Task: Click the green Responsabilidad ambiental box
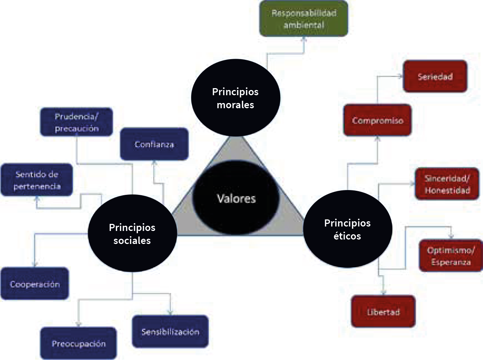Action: [303, 19]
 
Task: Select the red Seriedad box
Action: [435, 76]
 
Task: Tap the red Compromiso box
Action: [377, 120]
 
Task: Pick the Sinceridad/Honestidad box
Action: [447, 184]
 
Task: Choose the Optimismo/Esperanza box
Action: [451, 256]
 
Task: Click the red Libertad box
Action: [383, 312]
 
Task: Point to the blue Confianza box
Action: [154, 144]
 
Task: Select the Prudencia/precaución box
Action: [76, 122]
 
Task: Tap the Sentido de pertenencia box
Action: [36, 180]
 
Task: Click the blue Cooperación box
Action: [35, 284]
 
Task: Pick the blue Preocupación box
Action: [78, 343]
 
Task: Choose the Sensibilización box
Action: [170, 331]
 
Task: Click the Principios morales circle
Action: [235, 98]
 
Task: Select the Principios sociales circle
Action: [132, 234]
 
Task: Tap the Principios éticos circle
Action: [347, 229]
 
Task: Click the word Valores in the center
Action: [236, 199]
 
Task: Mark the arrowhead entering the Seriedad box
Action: [400, 76]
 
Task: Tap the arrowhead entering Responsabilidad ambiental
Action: [303, 39]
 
